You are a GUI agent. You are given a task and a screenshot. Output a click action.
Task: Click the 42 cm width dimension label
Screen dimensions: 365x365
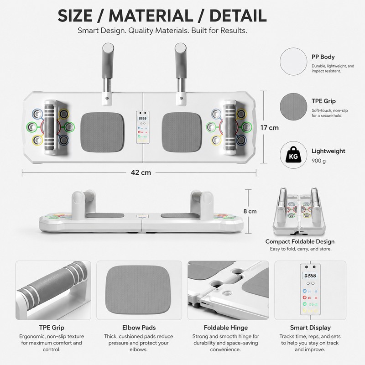coord(141,172)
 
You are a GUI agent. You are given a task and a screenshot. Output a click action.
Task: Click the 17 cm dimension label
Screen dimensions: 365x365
coord(269,128)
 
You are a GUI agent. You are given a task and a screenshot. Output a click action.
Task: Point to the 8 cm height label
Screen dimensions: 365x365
coord(250,211)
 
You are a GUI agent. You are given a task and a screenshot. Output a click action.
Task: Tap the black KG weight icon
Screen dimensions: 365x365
coord(293,155)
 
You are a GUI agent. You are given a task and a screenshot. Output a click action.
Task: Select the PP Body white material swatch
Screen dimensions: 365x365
coord(293,62)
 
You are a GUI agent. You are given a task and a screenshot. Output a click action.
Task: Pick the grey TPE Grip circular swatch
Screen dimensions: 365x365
coord(293,107)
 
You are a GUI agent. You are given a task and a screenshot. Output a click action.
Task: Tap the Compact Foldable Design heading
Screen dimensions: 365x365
coord(300,241)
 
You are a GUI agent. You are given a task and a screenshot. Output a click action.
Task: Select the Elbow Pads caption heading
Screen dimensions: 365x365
coord(139,328)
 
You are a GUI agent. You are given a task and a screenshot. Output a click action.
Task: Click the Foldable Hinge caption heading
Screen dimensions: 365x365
coord(226,328)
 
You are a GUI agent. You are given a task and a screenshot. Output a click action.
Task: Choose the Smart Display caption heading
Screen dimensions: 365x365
coord(310,328)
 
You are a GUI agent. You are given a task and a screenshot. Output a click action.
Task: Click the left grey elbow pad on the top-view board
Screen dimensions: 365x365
coord(102,132)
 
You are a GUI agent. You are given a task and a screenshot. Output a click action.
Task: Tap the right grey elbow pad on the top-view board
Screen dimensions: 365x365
coord(182,132)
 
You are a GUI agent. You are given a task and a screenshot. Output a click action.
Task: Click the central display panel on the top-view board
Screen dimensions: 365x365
coord(143,127)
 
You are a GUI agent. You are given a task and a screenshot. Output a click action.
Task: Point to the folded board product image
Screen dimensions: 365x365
coord(299,211)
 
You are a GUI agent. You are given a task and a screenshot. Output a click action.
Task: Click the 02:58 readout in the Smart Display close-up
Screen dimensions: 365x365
coord(310,276)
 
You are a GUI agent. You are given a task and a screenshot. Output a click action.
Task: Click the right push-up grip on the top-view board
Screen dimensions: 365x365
coord(229,127)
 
